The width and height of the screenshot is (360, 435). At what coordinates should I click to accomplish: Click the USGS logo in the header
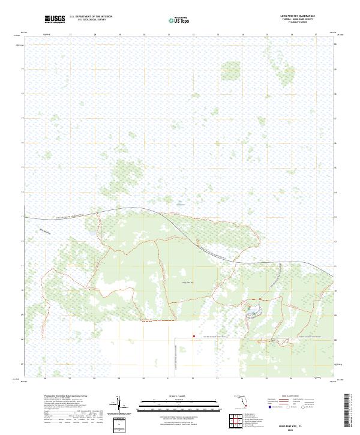pyautogui.click(x=55, y=20)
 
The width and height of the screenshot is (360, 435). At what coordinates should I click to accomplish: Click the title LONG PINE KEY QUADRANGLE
pyautogui.click(x=298, y=15)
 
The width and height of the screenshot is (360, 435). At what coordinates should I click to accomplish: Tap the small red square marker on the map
pyautogui.click(x=193, y=336)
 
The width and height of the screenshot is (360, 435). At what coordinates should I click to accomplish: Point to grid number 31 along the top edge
pyautogui.click(x=169, y=35)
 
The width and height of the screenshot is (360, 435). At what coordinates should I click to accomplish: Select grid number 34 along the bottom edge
pyautogui.click(x=242, y=379)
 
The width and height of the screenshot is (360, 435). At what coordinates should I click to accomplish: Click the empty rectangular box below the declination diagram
pyautogui.click(x=119, y=425)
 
